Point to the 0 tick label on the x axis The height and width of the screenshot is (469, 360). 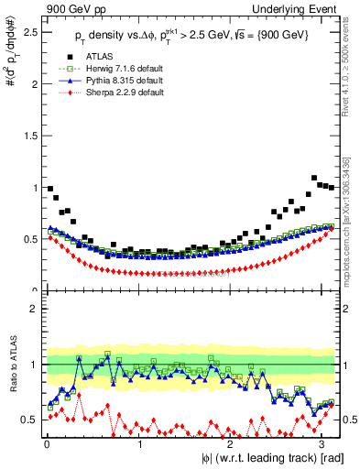47,443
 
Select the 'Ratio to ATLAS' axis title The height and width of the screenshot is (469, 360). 10,366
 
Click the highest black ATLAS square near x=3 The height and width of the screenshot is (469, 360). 315,178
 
